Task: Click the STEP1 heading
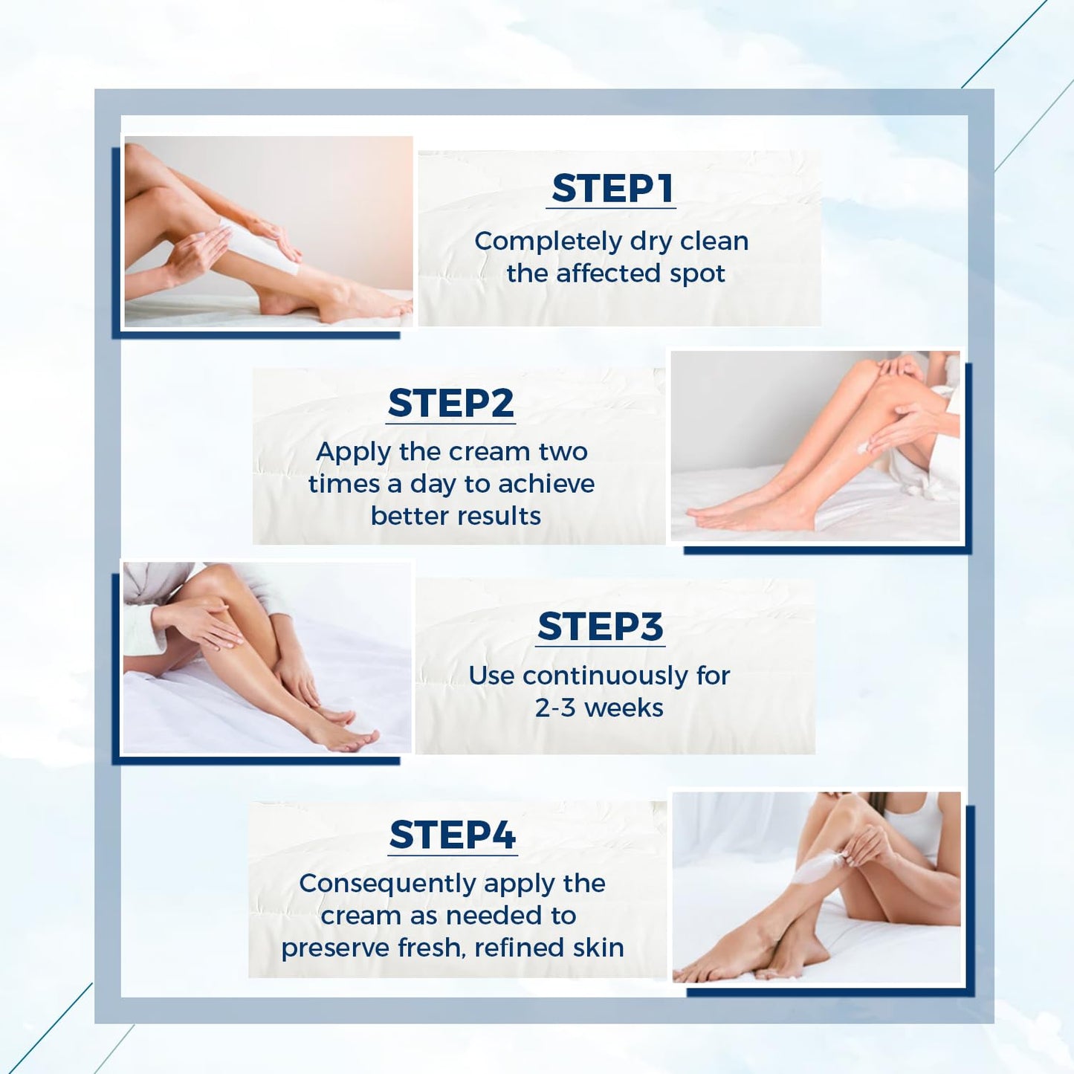point(612,188)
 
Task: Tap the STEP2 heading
point(450,404)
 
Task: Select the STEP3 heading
point(600,627)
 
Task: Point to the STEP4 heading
point(452,835)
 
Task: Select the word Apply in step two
point(353,452)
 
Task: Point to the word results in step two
point(499,516)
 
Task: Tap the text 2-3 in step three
point(555,708)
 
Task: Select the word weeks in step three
point(624,708)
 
